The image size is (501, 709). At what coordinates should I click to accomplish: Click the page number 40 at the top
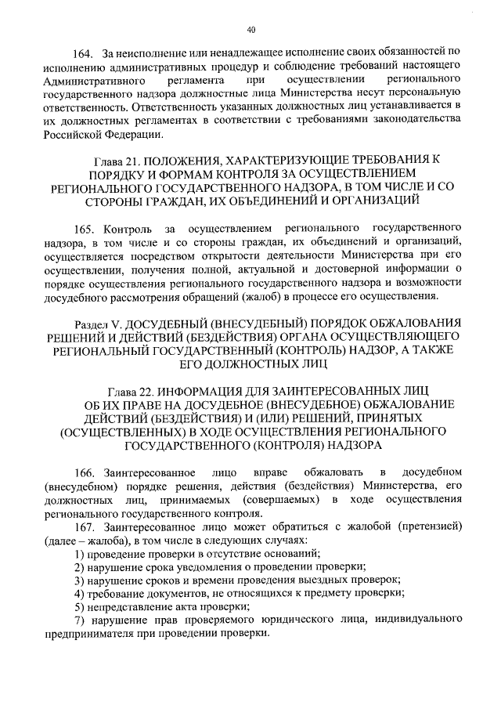(250, 31)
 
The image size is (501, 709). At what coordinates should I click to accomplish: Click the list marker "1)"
(79, 554)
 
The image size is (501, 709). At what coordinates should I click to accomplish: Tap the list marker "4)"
(79, 594)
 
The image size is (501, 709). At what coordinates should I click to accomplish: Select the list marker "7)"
(79, 620)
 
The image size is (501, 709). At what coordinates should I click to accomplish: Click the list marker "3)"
(79, 581)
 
